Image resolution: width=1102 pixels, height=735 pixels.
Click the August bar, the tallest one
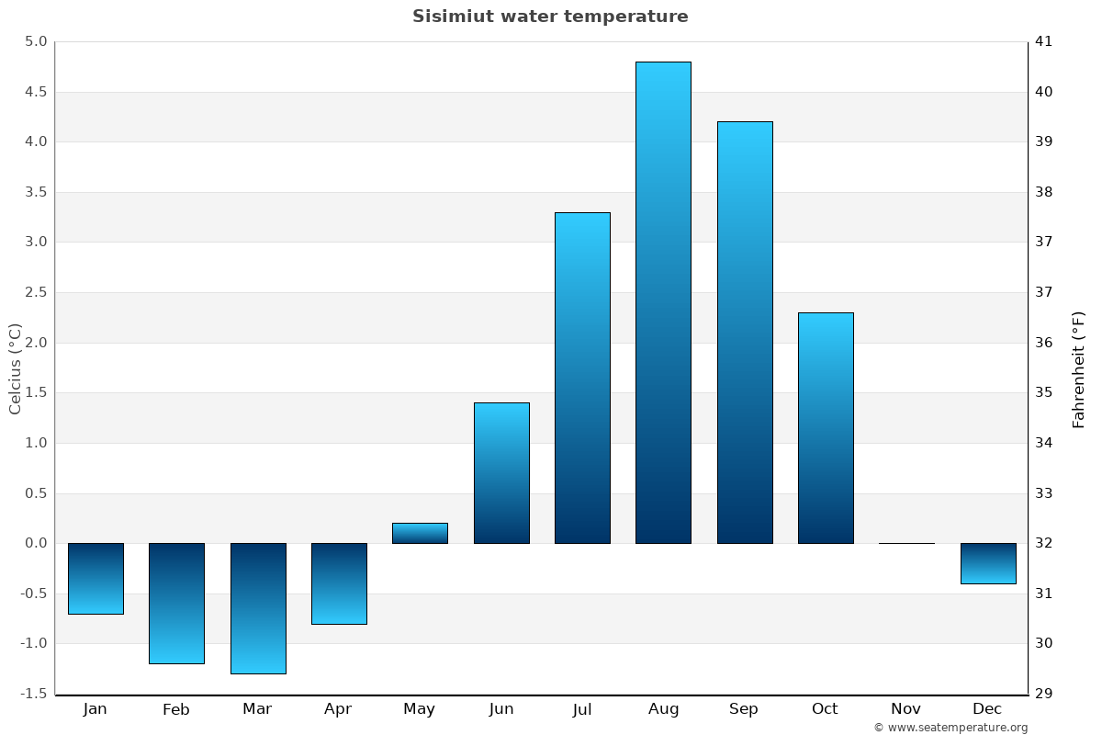pyautogui.click(x=663, y=302)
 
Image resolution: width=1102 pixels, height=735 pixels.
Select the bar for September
pyautogui.click(x=744, y=332)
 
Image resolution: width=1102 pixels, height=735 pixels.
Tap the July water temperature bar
pyautogui.click(x=582, y=378)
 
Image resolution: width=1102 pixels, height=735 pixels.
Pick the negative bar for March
pyautogui.click(x=258, y=608)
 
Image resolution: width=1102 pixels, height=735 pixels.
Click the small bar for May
pyautogui.click(x=420, y=533)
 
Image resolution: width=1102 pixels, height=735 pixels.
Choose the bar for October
pyautogui.click(x=826, y=427)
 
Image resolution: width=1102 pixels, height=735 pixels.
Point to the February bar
pyautogui.click(x=176, y=603)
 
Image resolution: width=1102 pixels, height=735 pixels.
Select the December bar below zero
pyautogui.click(x=988, y=563)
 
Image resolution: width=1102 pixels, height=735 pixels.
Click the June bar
pyautogui.click(x=501, y=472)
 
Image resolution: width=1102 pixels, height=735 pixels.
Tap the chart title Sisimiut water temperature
pyautogui.click(x=550, y=17)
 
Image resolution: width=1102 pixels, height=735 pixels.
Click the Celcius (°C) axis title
pyautogui.click(x=16, y=368)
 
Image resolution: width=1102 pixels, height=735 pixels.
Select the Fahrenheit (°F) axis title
pyautogui.click(x=1078, y=368)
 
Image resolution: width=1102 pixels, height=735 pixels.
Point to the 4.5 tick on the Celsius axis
pyautogui.click(x=34, y=92)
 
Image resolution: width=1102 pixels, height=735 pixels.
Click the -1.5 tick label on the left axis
pyautogui.click(x=32, y=694)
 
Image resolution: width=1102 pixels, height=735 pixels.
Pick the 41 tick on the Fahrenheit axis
pyautogui.click(x=1043, y=41)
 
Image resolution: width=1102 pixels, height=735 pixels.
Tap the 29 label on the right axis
pyautogui.click(x=1043, y=694)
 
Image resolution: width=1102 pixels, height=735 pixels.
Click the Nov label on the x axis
pyautogui.click(x=905, y=709)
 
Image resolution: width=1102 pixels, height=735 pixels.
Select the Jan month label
pyautogui.click(x=95, y=709)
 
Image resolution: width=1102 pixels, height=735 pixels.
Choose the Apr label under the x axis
pyautogui.click(x=338, y=709)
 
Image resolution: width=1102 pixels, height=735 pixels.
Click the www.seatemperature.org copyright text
pyautogui.click(x=950, y=728)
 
